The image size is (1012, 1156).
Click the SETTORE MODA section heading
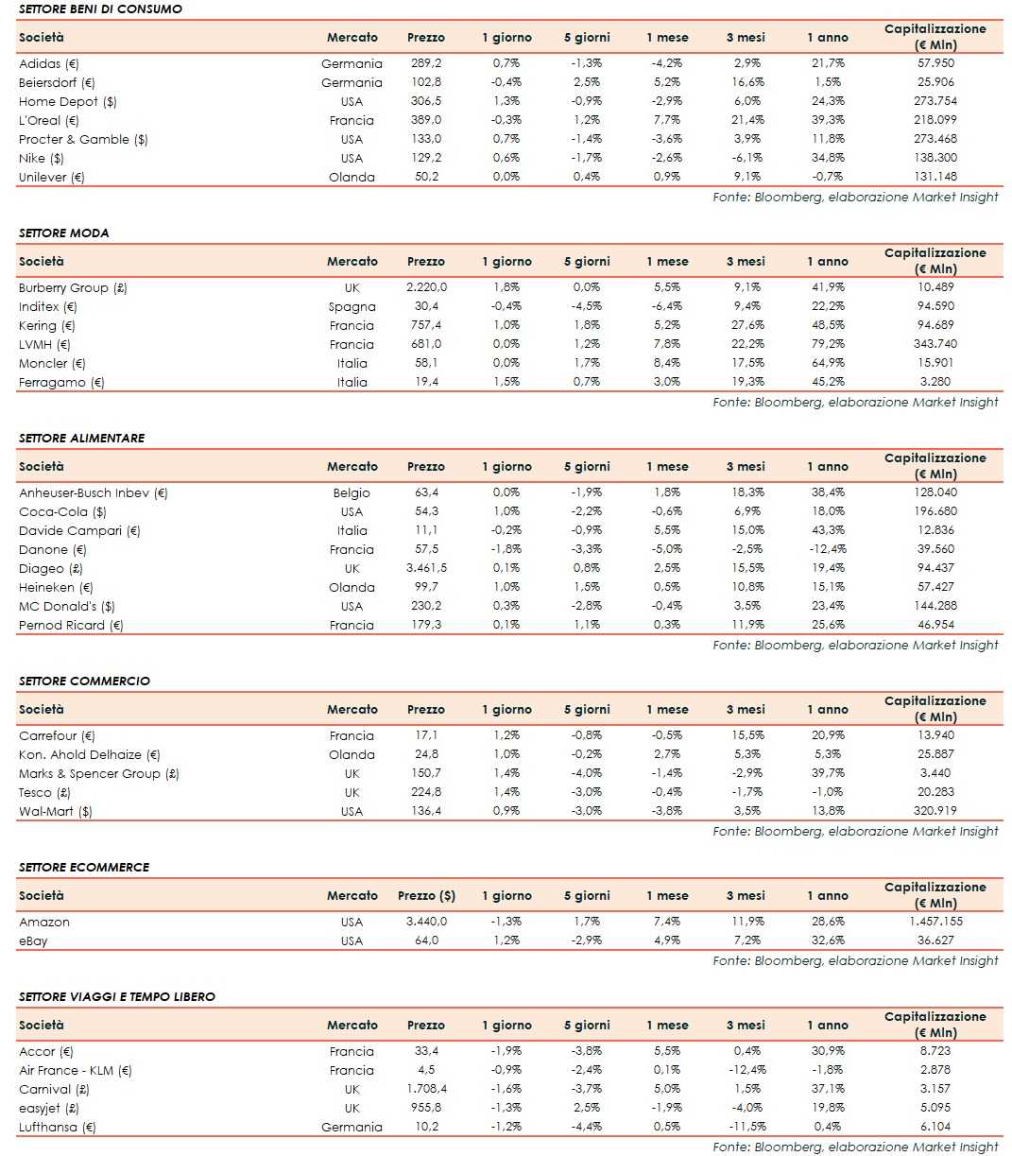pyautogui.click(x=63, y=233)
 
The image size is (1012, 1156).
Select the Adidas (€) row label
pyautogui.click(x=49, y=63)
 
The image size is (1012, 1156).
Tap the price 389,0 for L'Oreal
pyautogui.click(x=425, y=120)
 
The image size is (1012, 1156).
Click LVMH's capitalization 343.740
pyautogui.click(x=935, y=344)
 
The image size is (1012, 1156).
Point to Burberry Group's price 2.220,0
pyautogui.click(x=426, y=287)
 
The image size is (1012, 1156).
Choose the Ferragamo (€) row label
pyautogui.click(x=61, y=382)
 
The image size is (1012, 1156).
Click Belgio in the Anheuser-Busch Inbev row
pyautogui.click(x=352, y=492)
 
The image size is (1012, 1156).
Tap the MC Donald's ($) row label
pyautogui.click(x=66, y=606)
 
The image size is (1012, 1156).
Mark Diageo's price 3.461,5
pyautogui.click(x=426, y=568)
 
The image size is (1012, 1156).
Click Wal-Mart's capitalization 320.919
pyautogui.click(x=935, y=811)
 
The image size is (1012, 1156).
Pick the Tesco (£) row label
pyautogui.click(x=44, y=792)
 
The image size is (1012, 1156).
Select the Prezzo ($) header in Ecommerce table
pyautogui.click(x=426, y=895)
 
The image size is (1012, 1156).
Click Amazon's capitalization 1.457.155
pyautogui.click(x=935, y=922)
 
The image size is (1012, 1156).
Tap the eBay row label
pyautogui.click(x=33, y=940)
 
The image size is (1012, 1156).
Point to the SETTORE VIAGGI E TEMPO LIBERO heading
pyautogui.click(x=117, y=996)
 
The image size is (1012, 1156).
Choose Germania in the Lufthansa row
pyautogui.click(x=352, y=1127)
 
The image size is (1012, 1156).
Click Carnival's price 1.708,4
pyautogui.click(x=426, y=1089)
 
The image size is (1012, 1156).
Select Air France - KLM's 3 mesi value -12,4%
pyautogui.click(x=746, y=1070)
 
